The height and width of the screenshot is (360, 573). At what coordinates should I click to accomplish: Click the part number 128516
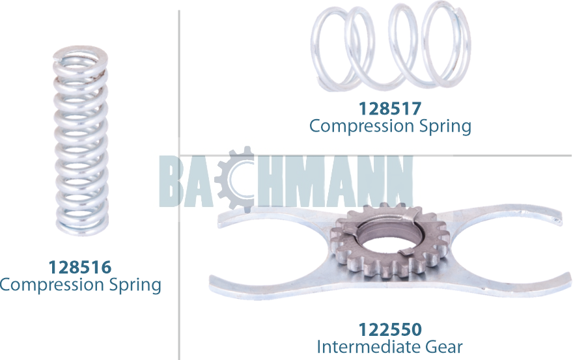79,267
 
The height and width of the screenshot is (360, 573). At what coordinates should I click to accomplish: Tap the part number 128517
390,108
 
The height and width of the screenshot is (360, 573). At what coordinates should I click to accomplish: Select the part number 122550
390,329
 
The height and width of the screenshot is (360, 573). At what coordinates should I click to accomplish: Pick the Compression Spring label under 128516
79,284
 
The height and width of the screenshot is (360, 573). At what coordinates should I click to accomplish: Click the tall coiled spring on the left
79,140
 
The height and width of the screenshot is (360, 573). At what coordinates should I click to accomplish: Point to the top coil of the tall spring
79,55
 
